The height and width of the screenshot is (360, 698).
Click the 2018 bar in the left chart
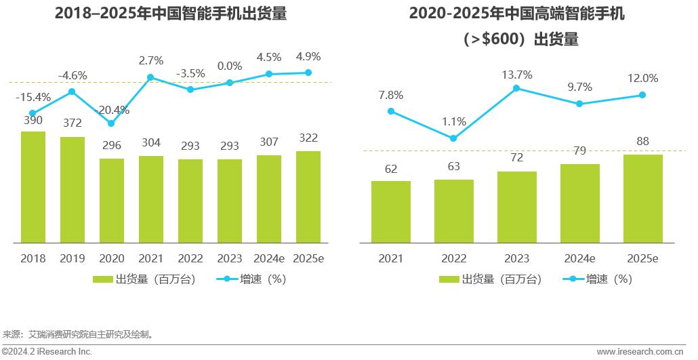click(33, 186)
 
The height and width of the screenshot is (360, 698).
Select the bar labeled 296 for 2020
click(112, 200)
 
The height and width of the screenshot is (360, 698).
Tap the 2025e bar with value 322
click(308, 197)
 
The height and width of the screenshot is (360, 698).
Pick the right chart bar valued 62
click(391, 212)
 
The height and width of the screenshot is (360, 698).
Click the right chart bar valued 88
click(642, 198)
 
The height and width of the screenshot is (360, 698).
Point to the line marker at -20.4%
click(111, 123)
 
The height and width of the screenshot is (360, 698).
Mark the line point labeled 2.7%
click(150, 77)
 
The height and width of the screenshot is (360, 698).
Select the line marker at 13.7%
click(516, 88)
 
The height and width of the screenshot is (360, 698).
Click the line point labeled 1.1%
click(453, 138)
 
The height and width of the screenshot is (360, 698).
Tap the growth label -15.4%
click(33, 97)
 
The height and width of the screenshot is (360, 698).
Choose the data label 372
click(73, 123)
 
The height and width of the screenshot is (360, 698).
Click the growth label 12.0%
click(642, 78)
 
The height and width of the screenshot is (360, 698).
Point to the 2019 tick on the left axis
click(73, 258)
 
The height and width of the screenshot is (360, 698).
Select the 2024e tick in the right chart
click(579, 258)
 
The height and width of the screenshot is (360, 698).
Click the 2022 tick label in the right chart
click(453, 258)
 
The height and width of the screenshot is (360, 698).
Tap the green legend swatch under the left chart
click(102, 279)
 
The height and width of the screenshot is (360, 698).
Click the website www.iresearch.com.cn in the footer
click(640, 352)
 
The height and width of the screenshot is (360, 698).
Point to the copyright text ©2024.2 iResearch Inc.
click(46, 352)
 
